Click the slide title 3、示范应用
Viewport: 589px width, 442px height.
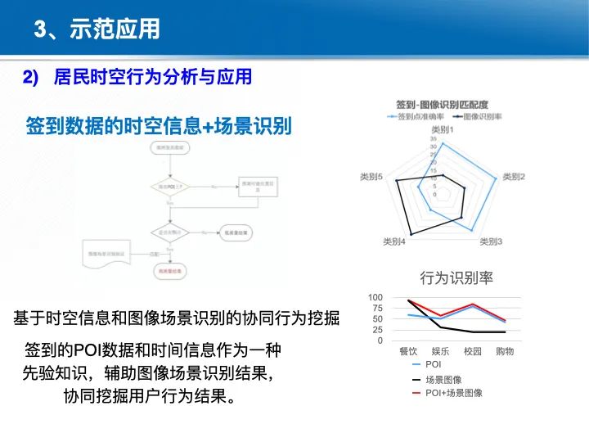pyautogui.click(x=97, y=30)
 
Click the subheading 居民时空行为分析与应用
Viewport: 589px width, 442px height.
pyautogui.click(x=152, y=78)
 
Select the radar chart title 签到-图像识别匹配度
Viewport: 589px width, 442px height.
pyautogui.click(x=442, y=105)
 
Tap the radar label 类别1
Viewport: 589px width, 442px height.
pyautogui.click(x=442, y=130)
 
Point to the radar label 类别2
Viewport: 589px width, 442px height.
pyautogui.click(x=514, y=177)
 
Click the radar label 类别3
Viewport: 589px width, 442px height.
pyautogui.click(x=491, y=241)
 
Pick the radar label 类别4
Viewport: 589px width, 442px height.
pyautogui.click(x=394, y=241)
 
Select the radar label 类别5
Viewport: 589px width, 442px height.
pyautogui.click(x=371, y=177)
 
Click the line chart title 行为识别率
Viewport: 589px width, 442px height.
pyautogui.click(x=456, y=277)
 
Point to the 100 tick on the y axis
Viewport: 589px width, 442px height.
pyautogui.click(x=375, y=297)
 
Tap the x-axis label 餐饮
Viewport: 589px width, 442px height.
pyautogui.click(x=408, y=351)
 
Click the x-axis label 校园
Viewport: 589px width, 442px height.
pyautogui.click(x=473, y=351)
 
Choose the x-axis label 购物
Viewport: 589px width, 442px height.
pyautogui.click(x=505, y=351)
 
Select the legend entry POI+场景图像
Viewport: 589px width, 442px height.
pyautogui.click(x=454, y=393)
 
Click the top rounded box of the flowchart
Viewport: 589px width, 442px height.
pyautogui.click(x=169, y=147)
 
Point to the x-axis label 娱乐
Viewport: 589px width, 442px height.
pyautogui.click(x=440, y=351)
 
